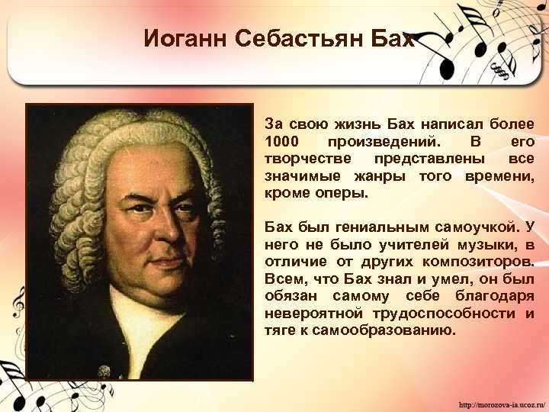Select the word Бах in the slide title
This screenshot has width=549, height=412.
tap(395, 39)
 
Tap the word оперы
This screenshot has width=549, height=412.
tap(342, 193)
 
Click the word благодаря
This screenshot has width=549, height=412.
tap(493, 296)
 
